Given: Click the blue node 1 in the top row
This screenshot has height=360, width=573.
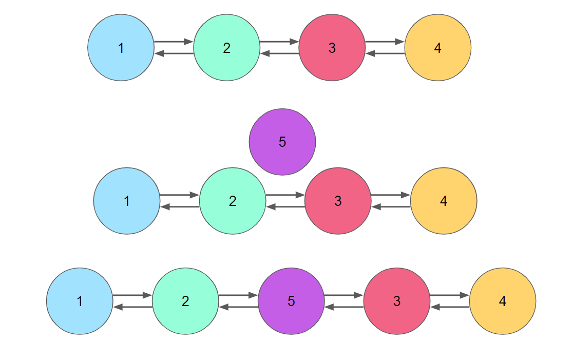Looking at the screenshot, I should (121, 48).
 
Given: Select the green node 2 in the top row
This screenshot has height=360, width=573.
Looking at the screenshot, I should (227, 48).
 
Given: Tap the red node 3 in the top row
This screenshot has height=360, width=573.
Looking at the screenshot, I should (332, 48).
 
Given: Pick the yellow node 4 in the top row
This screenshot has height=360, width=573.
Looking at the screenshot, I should (438, 48).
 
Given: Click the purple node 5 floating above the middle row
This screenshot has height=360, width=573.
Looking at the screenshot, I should (282, 142).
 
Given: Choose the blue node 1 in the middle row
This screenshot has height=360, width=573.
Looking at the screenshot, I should (127, 201).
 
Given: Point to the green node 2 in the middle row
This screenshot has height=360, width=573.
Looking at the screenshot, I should (233, 201).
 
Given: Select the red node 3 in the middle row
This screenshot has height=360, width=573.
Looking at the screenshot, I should (338, 201).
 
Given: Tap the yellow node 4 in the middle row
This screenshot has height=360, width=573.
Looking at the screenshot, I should (444, 201).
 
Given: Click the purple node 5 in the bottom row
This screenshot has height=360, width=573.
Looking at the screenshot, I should (291, 301).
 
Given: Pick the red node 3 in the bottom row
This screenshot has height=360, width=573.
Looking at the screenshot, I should (397, 301).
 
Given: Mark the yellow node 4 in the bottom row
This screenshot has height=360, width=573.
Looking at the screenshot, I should (503, 301).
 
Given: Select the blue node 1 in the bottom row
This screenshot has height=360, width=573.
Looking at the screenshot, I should (80, 301).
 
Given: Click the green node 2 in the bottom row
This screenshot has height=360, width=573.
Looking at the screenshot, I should (185, 301).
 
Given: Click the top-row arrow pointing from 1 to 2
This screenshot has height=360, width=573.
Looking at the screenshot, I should (174, 42).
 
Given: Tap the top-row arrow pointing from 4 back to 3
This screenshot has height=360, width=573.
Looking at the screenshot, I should (385, 53).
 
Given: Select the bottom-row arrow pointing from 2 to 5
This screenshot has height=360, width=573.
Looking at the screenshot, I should (238, 295).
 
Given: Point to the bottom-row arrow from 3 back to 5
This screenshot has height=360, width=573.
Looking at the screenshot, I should (344, 307).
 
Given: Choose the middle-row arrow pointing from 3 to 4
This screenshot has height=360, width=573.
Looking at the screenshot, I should (391, 195).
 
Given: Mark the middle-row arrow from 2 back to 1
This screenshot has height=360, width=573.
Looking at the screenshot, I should (180, 207).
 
